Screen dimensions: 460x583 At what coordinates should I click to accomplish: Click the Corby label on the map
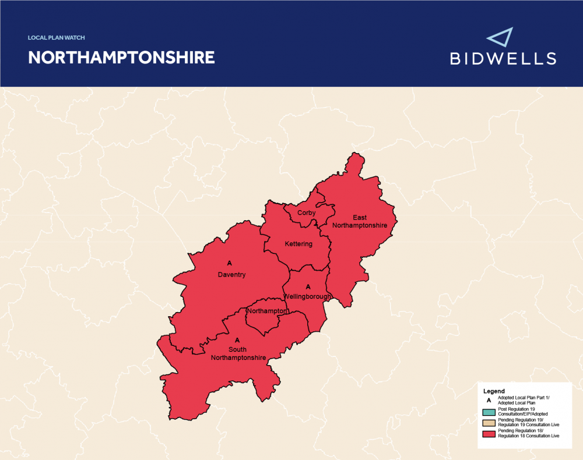pyautogui.click(x=306, y=213)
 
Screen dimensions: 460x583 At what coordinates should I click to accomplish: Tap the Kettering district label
pyautogui.click(x=298, y=244)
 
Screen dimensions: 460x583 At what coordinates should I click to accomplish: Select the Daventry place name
pyautogui.click(x=231, y=274)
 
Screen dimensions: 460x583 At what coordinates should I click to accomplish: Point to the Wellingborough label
pyautogui.click(x=308, y=296)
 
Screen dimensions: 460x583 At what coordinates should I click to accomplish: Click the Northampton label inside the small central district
pyautogui.click(x=267, y=312)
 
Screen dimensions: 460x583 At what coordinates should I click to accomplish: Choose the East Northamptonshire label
pyautogui.click(x=360, y=222)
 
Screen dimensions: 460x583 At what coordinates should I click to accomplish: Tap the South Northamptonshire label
pyautogui.click(x=238, y=353)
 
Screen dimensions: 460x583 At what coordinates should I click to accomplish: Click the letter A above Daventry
pyautogui.click(x=230, y=264)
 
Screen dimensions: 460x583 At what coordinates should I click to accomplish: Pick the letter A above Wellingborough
pyautogui.click(x=308, y=287)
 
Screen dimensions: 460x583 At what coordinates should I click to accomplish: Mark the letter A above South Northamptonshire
pyautogui.click(x=237, y=339)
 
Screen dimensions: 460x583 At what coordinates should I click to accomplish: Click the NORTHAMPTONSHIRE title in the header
pyautogui.click(x=121, y=58)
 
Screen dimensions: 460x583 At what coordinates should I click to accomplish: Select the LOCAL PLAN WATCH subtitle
pyautogui.click(x=57, y=38)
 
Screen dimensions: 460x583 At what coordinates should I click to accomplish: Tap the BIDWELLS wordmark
pyautogui.click(x=503, y=58)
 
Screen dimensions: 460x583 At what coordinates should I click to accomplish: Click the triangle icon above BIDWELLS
pyautogui.click(x=500, y=38)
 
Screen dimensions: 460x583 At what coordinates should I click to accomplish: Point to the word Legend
pyautogui.click(x=494, y=391)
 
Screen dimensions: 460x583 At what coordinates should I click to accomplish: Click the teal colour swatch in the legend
pyautogui.click(x=489, y=412)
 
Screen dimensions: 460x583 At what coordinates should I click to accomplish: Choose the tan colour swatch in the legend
pyautogui.click(x=489, y=423)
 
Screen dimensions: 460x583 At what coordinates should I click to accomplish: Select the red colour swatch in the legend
pyautogui.click(x=489, y=434)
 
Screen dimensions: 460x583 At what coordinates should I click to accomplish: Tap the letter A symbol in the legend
pyautogui.click(x=489, y=401)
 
